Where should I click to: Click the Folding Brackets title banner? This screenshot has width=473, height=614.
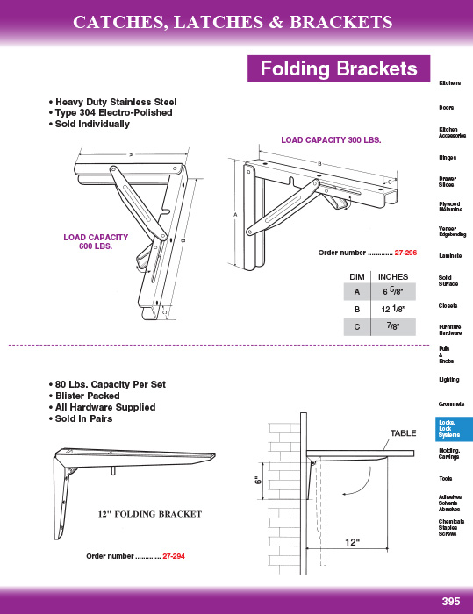(339, 68)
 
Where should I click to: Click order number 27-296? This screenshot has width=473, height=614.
(405, 253)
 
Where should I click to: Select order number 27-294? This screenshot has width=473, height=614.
(174, 556)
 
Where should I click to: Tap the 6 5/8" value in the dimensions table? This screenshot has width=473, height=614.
(392, 291)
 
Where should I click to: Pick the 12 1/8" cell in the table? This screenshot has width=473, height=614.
(392, 309)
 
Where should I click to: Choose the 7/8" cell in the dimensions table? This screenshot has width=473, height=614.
(392, 326)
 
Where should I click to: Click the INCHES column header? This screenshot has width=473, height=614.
(392, 277)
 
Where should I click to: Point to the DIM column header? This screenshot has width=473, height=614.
(356, 277)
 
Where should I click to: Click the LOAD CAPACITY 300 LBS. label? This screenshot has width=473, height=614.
(331, 140)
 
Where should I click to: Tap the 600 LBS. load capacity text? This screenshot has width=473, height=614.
(96, 246)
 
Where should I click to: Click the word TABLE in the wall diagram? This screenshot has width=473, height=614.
(403, 433)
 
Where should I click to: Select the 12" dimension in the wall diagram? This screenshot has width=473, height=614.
(352, 542)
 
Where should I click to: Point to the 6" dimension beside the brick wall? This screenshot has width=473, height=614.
(257, 480)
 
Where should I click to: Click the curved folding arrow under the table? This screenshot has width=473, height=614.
(365, 484)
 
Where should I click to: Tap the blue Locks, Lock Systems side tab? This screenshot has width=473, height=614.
(454, 429)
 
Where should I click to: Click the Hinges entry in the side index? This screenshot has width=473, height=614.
(448, 158)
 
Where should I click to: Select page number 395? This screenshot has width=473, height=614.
(451, 602)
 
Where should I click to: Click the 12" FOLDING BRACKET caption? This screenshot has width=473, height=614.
(150, 514)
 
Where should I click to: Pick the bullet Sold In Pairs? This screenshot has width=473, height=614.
(81, 418)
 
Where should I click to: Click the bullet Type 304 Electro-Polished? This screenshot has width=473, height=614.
(111, 113)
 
